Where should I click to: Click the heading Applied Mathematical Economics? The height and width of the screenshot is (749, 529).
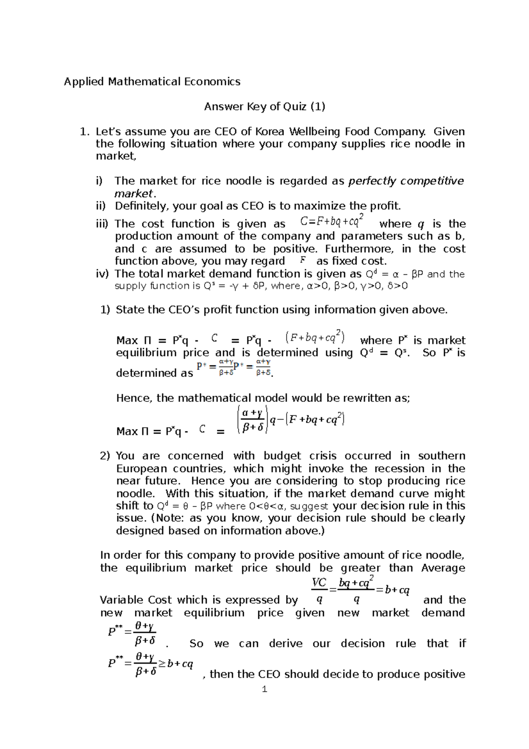click(x=152, y=82)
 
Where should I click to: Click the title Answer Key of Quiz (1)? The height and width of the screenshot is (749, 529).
click(x=264, y=107)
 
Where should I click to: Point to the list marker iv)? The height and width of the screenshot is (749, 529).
click(x=102, y=274)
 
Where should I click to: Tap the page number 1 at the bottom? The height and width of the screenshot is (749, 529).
click(x=264, y=689)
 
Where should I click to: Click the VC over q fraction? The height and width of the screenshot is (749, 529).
click(x=319, y=591)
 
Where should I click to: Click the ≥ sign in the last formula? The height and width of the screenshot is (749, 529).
click(x=162, y=664)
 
